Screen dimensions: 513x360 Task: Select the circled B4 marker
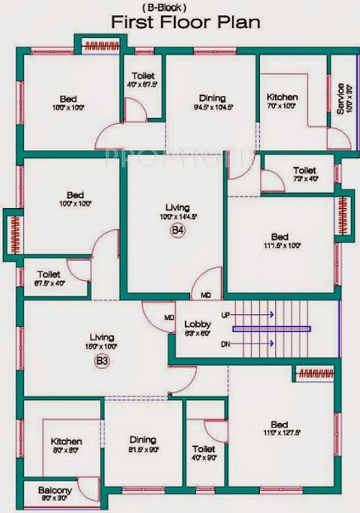tap(178, 230)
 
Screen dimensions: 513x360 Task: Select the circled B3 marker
tap(102, 362)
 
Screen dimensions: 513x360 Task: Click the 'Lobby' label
tap(197, 324)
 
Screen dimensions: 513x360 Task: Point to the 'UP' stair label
tap(225, 315)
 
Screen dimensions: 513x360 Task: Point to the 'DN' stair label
tap(225, 344)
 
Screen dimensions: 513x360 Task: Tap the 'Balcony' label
tap(55, 489)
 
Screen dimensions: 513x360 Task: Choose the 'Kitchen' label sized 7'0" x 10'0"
tap(282, 97)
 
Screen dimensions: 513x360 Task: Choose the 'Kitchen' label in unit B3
tap(66, 441)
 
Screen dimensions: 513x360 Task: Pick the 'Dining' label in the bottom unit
tap(143, 440)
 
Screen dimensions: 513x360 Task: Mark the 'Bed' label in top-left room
tap(68, 98)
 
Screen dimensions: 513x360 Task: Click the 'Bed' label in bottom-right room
tap(280, 424)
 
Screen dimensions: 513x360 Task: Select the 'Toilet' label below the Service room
tap(305, 170)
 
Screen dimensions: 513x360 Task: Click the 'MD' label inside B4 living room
tap(206, 295)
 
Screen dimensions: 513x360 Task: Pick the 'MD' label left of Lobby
tap(169, 318)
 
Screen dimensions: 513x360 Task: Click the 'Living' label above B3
tap(102, 336)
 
